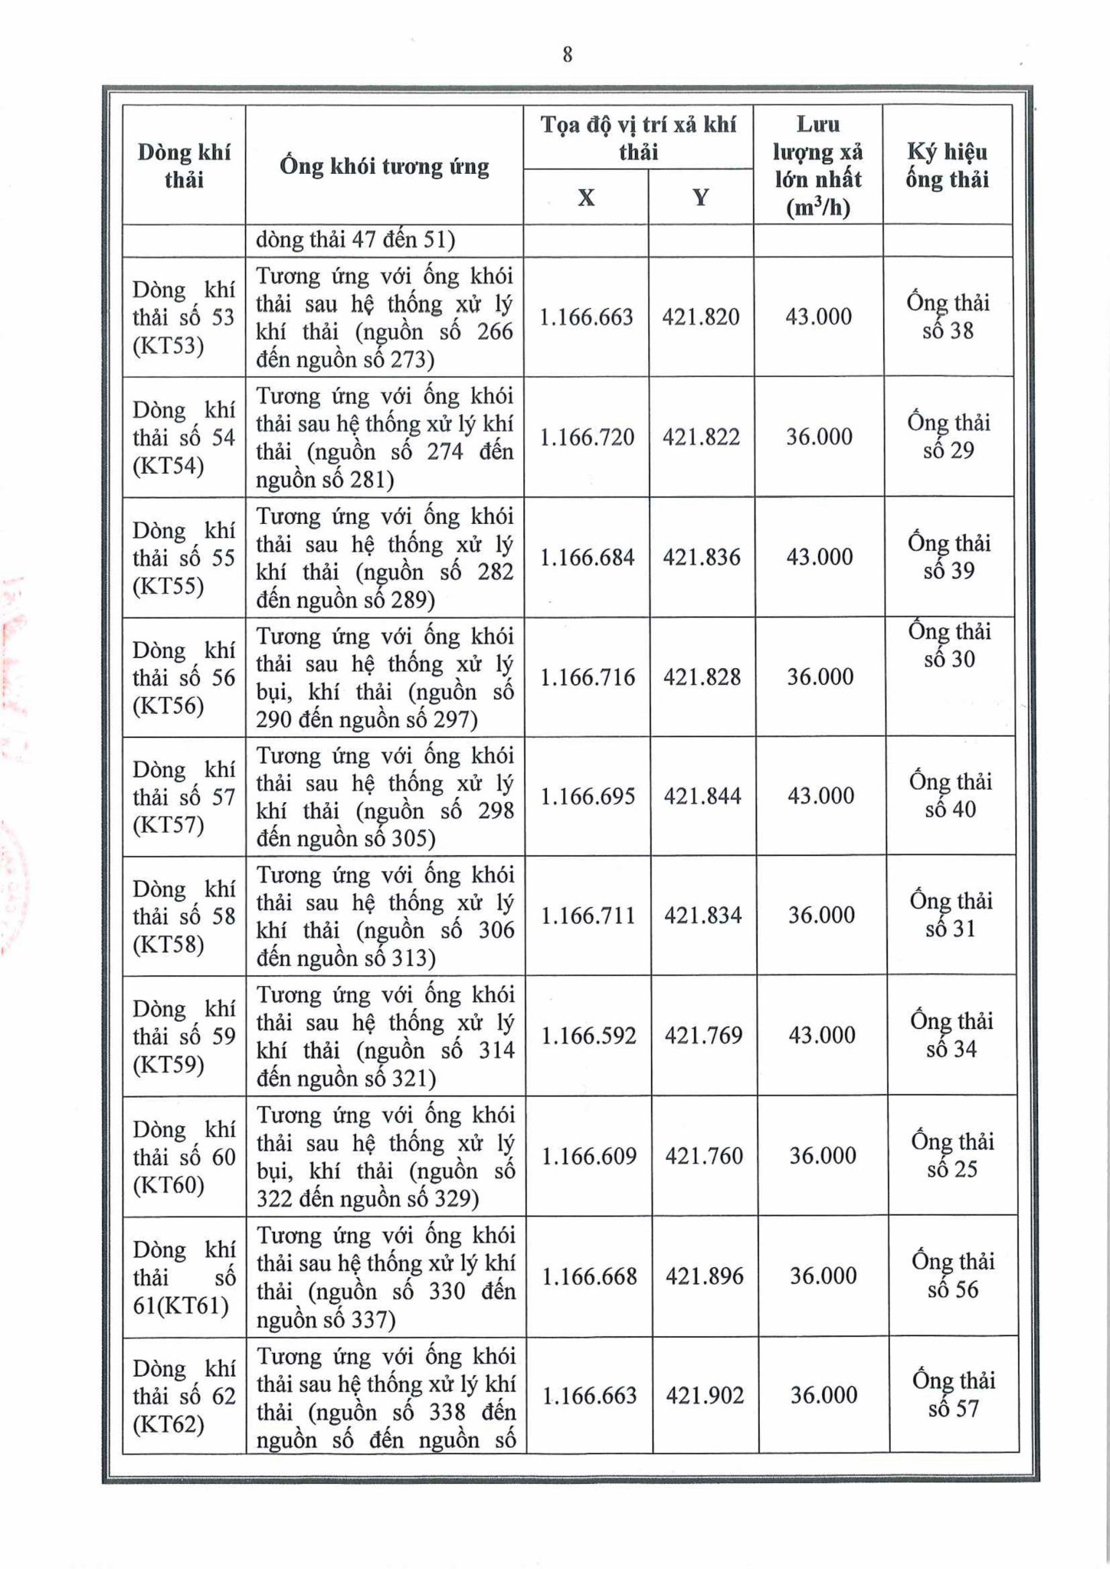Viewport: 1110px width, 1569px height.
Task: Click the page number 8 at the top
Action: [567, 54]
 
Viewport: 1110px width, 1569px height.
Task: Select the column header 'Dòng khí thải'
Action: [184, 165]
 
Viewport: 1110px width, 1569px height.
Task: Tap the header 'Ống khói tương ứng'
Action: [384, 166]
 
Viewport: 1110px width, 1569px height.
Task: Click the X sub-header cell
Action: [586, 198]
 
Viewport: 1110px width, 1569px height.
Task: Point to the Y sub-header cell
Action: [700, 198]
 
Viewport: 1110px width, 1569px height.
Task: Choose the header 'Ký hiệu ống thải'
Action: [948, 165]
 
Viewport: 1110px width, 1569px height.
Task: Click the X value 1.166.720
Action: [588, 437]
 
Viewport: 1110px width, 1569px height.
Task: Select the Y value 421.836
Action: [702, 557]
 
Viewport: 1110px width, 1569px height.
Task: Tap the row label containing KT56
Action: [184, 678]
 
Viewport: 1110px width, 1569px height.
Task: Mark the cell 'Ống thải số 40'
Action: [951, 795]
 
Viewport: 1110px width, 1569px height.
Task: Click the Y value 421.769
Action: [703, 1036]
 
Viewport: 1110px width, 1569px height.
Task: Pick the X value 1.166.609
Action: [589, 1156]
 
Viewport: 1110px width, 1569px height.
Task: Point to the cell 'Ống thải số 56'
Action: [953, 1276]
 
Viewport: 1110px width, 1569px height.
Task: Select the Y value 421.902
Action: [705, 1396]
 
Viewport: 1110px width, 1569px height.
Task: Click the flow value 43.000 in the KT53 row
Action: [818, 317]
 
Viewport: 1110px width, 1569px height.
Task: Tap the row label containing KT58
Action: [184, 917]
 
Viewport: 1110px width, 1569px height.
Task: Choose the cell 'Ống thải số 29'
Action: [948, 437]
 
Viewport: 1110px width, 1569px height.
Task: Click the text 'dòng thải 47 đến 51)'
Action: [355, 241]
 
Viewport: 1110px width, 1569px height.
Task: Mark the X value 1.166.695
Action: [588, 797]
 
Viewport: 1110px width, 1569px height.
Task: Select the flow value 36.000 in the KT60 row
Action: [823, 1156]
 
